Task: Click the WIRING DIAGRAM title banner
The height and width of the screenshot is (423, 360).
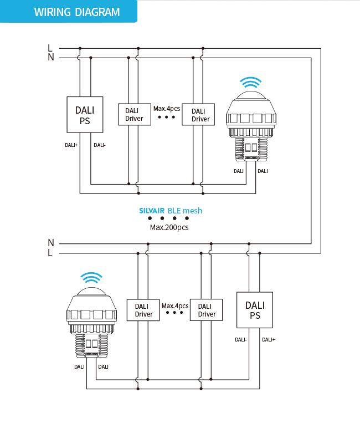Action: click(x=69, y=11)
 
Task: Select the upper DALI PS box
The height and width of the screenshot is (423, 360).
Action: click(x=85, y=115)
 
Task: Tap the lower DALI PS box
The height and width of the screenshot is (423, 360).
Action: click(x=255, y=310)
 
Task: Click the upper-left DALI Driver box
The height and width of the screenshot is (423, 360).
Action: click(x=135, y=114)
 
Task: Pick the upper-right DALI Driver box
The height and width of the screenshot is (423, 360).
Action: click(x=198, y=114)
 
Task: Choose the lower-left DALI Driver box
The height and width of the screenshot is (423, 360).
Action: click(x=143, y=310)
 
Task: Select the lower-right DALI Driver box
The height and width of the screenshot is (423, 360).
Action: click(x=207, y=310)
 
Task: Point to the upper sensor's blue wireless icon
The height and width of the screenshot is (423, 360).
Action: click(x=251, y=82)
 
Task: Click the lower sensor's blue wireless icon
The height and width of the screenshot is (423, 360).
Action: click(x=91, y=278)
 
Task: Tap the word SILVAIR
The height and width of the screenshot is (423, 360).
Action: click(x=152, y=211)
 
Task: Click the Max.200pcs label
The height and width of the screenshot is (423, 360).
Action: click(x=169, y=227)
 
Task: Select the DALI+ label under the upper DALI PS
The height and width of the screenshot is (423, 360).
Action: click(x=71, y=145)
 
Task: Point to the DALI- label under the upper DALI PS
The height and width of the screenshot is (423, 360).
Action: click(x=100, y=145)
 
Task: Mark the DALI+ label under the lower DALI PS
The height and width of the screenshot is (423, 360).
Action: click(x=269, y=340)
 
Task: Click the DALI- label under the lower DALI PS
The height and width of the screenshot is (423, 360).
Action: click(x=241, y=340)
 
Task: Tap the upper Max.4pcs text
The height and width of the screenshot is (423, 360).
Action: click(x=167, y=109)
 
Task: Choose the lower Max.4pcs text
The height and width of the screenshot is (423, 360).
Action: click(x=175, y=306)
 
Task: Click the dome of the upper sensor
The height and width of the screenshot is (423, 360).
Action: click(x=251, y=95)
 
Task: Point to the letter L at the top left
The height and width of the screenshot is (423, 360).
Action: click(x=50, y=48)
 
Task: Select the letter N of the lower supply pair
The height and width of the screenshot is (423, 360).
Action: click(x=51, y=243)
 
